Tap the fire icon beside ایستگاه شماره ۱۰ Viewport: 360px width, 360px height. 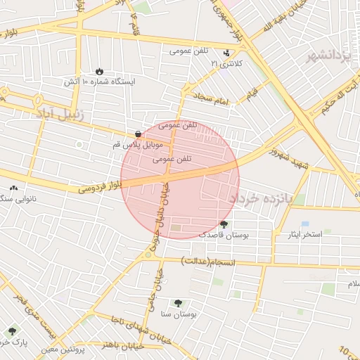click(98, 71)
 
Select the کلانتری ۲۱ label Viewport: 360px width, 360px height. click(226, 63)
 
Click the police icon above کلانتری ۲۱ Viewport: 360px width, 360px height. click(226, 53)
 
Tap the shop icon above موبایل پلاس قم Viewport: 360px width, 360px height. click(138, 133)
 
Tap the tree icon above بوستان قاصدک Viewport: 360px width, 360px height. click(224, 224)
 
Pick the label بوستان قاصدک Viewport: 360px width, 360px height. click(224, 234)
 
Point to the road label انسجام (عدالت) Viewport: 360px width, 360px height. click(207, 262)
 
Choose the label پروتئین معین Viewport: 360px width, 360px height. click(62, 349)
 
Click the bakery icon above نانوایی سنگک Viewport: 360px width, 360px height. click(14, 188)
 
